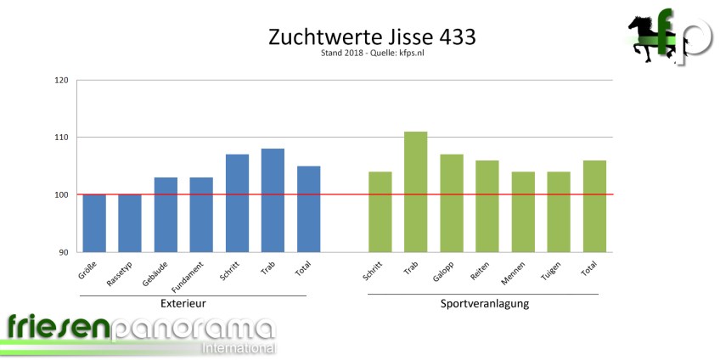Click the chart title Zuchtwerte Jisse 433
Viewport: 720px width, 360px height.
359,37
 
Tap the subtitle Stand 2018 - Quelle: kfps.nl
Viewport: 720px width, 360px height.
359,53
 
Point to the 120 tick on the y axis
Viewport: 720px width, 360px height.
61,81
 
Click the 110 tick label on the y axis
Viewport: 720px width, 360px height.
61,138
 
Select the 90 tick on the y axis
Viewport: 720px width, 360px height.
64,252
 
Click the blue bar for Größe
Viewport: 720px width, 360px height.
94,223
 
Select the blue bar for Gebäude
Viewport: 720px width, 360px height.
166,215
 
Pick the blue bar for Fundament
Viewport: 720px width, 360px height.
201,215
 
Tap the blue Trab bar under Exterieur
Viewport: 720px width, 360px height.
273,200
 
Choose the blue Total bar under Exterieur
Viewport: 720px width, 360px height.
308,209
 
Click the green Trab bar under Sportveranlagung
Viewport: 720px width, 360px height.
415,192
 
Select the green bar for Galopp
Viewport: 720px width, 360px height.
451,203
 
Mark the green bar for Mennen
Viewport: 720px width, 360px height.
523,212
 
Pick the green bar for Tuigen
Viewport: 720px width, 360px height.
559,212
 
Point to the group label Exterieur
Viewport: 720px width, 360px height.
183,303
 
